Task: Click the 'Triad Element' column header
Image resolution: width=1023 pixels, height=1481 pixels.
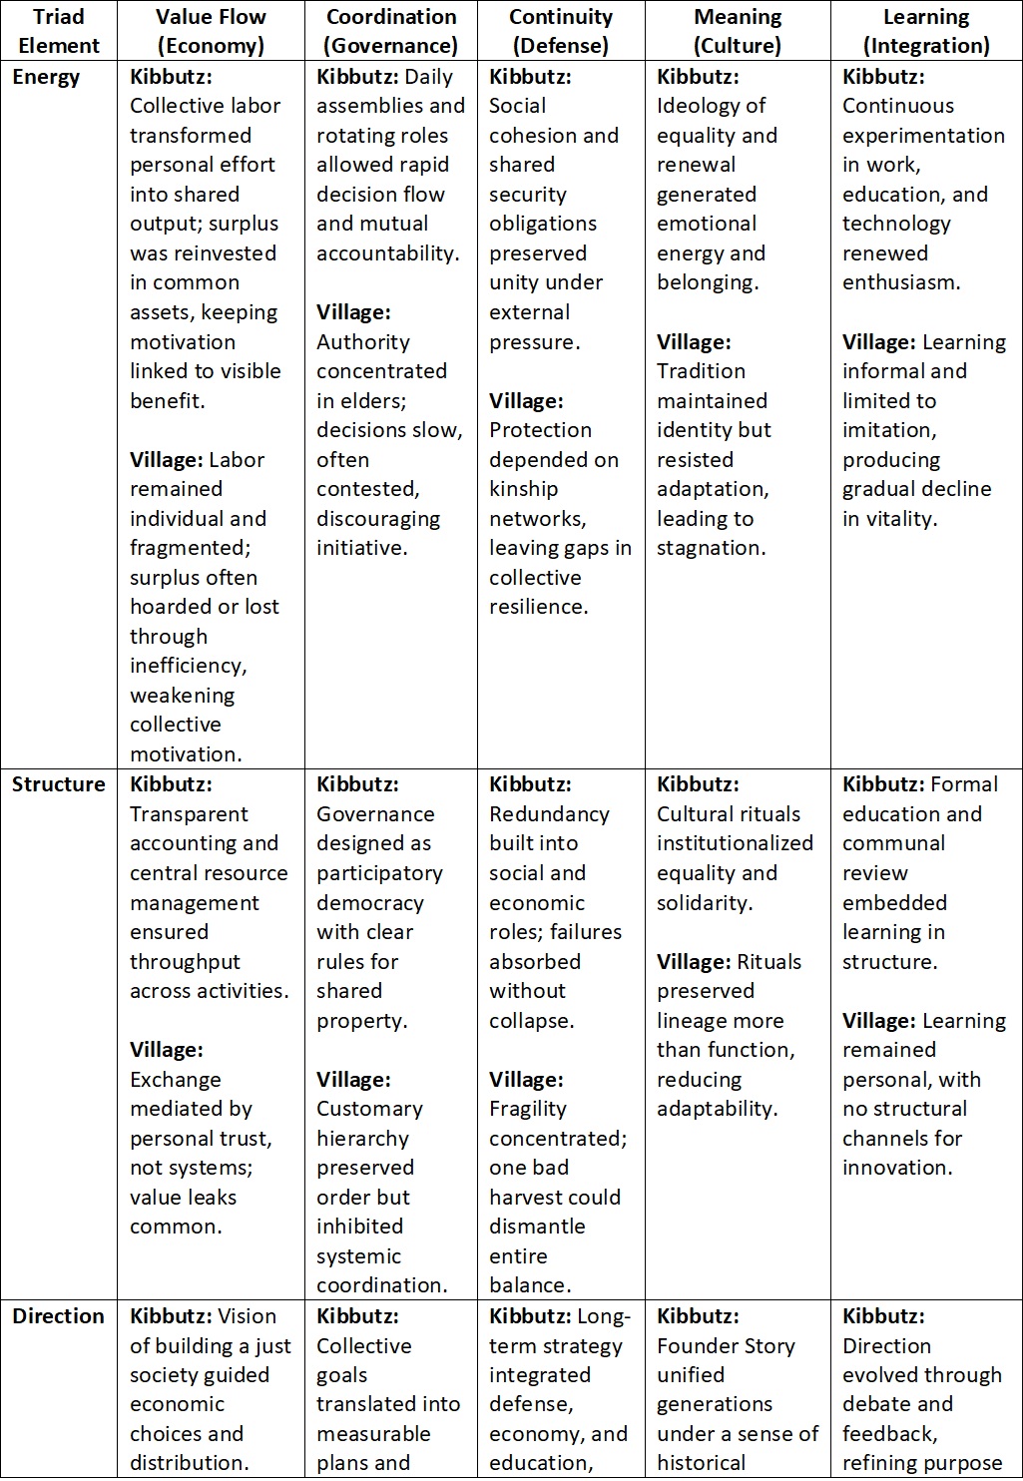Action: (x=59, y=31)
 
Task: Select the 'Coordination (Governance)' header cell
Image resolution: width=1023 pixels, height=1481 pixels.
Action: (x=391, y=31)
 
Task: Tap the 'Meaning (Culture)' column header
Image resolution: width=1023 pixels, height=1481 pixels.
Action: (x=738, y=31)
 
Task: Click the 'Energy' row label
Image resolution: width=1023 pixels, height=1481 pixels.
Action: (x=46, y=78)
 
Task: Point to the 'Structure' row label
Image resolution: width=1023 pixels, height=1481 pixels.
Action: (x=58, y=784)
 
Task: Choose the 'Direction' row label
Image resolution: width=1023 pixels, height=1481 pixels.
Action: (x=58, y=1316)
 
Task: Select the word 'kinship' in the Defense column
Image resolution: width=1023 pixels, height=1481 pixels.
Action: (x=525, y=489)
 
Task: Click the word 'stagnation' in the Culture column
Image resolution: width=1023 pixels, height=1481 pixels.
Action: (x=709, y=548)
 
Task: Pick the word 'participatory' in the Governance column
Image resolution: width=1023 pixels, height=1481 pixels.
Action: (x=379, y=873)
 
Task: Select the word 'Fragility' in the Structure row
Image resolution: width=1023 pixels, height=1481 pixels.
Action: (x=528, y=1109)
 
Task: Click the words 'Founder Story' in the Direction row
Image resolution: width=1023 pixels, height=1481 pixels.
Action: (x=726, y=1346)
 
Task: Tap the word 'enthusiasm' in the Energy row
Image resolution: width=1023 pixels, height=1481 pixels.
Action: (x=901, y=282)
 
